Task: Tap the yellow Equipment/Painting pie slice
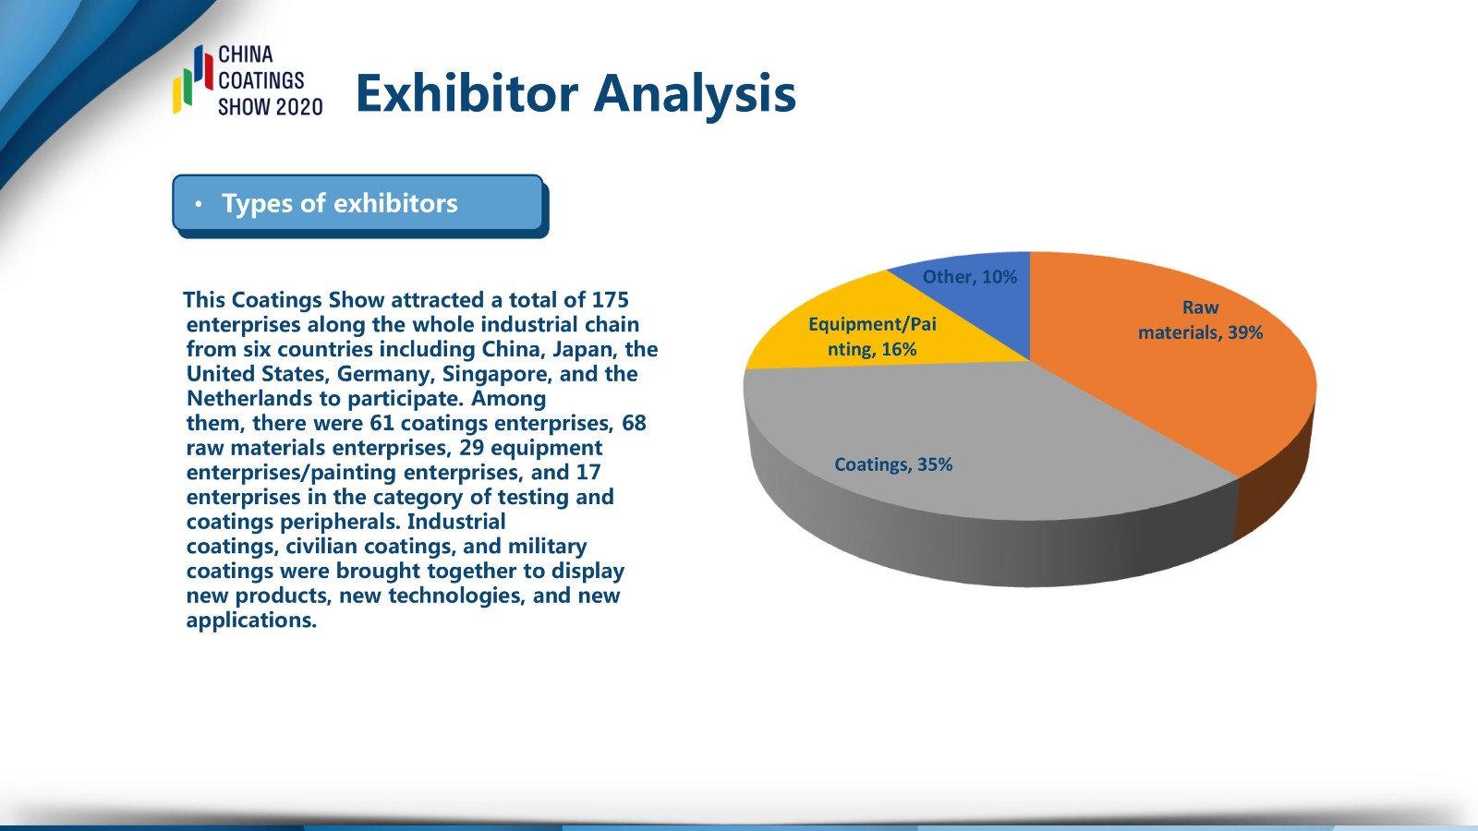point(858,330)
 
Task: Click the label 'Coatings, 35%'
point(893,465)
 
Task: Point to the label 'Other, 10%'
point(969,277)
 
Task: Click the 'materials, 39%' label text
point(1200,332)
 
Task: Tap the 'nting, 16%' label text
point(872,349)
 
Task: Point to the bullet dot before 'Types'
point(199,204)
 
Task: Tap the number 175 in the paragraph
point(611,300)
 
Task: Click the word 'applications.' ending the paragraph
point(251,620)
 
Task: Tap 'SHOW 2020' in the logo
point(271,107)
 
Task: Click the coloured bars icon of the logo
point(193,79)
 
